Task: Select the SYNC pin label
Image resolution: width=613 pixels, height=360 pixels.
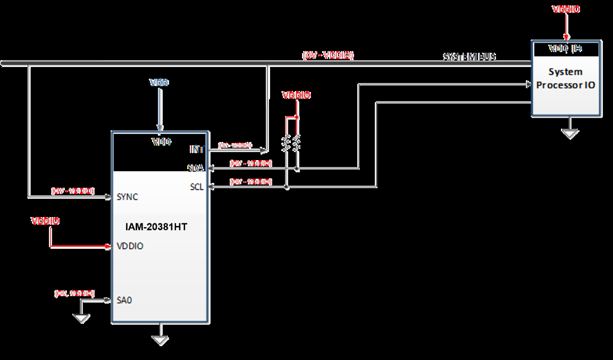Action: [127, 197]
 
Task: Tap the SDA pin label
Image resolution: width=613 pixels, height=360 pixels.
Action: [196, 168]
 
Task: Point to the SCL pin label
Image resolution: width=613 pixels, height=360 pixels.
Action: [196, 187]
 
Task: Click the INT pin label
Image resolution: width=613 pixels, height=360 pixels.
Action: [197, 149]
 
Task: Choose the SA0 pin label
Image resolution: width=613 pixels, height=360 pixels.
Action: [124, 300]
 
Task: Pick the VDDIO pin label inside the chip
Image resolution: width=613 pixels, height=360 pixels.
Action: [130, 246]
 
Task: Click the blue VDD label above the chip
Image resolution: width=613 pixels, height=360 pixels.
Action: [159, 83]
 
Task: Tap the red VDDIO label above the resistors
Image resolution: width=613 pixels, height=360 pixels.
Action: [296, 95]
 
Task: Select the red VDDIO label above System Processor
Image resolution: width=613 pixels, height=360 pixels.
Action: [566, 9]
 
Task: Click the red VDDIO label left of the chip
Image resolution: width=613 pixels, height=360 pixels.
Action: [45, 221]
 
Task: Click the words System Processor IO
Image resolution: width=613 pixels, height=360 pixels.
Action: [566, 78]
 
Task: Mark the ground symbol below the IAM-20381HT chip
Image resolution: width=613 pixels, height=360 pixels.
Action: [159, 340]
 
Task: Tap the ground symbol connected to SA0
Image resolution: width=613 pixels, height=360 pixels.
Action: [81, 318]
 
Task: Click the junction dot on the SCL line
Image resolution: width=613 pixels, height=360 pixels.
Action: [287, 187]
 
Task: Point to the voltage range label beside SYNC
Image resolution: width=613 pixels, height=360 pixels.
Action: [73, 190]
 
